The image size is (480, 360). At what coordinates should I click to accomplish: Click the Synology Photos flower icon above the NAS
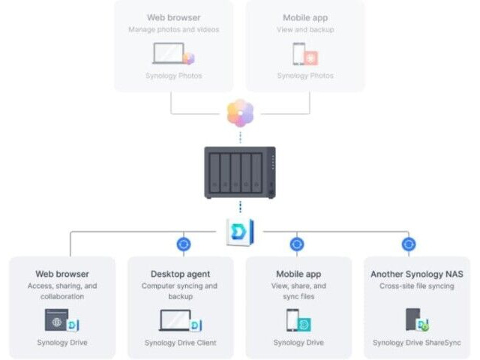(240, 112)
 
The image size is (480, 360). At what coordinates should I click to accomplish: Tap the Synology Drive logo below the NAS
(240, 232)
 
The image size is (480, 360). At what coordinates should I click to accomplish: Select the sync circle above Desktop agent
(184, 244)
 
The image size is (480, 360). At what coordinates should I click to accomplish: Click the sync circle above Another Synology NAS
(409, 244)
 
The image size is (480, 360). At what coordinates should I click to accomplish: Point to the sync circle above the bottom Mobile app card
(297, 244)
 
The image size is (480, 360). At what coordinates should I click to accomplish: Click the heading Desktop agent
(180, 274)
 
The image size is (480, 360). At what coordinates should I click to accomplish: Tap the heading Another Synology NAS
(417, 274)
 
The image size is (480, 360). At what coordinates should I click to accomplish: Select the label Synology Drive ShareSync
(417, 343)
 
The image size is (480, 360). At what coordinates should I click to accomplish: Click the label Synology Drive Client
(180, 343)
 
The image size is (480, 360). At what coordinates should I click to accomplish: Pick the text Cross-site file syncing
(417, 286)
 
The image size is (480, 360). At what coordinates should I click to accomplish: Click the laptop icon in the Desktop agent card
(175, 320)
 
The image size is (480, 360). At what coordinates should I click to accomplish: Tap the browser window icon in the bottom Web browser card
(57, 320)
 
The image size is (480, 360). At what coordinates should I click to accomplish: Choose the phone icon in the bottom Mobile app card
(292, 320)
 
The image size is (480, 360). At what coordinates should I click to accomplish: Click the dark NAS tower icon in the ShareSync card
(412, 319)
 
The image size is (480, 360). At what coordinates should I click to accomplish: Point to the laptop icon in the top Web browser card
(169, 53)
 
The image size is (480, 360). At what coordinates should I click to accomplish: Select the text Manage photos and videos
(173, 30)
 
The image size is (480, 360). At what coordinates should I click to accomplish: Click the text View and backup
(305, 30)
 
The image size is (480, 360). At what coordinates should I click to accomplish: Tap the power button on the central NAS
(271, 193)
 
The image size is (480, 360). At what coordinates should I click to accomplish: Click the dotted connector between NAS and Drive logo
(240, 207)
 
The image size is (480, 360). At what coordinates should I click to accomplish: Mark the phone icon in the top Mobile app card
(298, 53)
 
